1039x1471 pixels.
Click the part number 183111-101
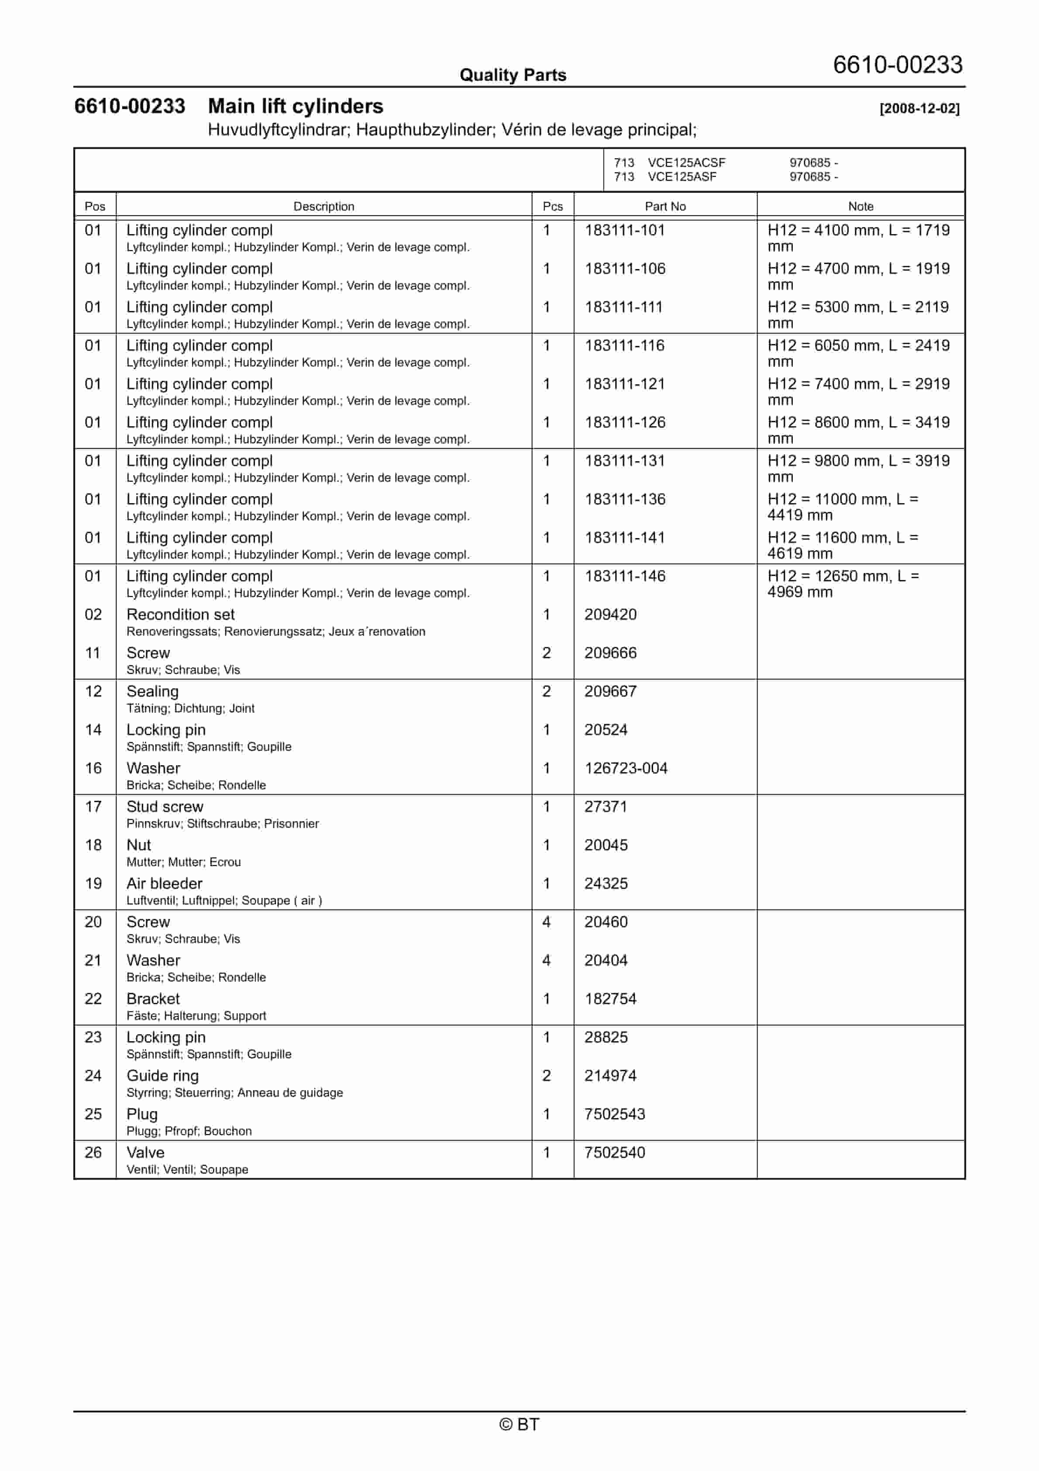tap(625, 230)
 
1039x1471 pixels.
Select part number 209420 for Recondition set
tap(610, 615)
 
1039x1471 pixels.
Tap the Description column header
tap(323, 206)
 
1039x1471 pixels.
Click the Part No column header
tap(665, 206)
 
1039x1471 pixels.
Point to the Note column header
tap(860, 206)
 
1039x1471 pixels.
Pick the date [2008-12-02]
tap(919, 108)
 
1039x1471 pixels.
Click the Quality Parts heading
tap(513, 75)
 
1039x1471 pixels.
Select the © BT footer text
tap(519, 1424)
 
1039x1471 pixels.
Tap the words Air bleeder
tap(164, 884)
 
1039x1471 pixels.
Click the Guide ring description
tap(163, 1076)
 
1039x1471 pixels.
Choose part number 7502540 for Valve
tap(614, 1153)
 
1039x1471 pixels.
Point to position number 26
tap(93, 1153)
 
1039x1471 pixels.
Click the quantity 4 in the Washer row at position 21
tap(547, 960)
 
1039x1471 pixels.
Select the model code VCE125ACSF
tap(686, 163)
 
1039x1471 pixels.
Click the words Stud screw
tap(165, 807)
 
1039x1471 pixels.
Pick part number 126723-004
tap(625, 768)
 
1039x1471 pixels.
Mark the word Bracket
tap(153, 999)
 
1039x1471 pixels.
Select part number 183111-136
tap(625, 499)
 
